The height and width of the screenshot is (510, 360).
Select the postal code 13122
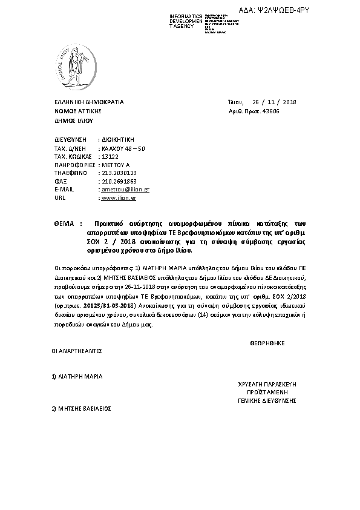point(110,156)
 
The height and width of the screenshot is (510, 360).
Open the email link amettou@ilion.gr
point(126,189)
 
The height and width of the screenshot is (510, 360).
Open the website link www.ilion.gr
point(119,197)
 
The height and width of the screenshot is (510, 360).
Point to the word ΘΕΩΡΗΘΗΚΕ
point(267,343)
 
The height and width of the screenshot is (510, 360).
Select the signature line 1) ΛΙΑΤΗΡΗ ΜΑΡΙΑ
point(77,376)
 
